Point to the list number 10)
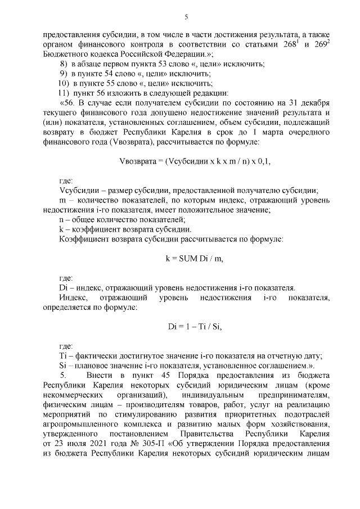[x=63, y=83]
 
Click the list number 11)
[x=63, y=93]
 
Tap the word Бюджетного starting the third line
[x=66, y=55]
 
